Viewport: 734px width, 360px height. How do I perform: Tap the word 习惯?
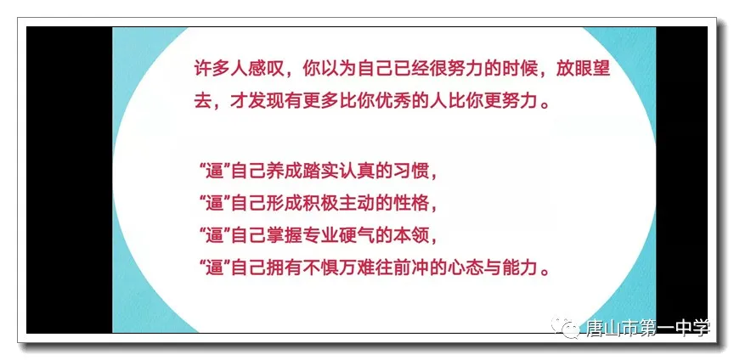(411, 172)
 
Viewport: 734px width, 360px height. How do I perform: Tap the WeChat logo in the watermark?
(567, 327)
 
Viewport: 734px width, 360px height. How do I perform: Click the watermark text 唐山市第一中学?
(648, 329)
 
